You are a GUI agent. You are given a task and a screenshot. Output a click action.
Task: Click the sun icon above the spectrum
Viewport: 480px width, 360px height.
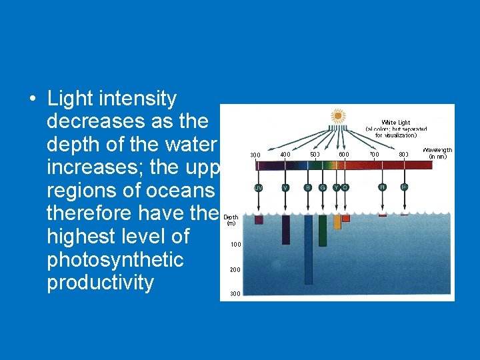[x=338, y=117]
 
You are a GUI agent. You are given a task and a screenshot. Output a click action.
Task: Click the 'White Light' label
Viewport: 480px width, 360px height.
[x=396, y=123]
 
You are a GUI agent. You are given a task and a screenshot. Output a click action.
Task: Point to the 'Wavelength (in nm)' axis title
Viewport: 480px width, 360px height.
[x=437, y=153]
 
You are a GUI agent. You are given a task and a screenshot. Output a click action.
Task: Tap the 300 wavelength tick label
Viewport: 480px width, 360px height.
[x=255, y=155]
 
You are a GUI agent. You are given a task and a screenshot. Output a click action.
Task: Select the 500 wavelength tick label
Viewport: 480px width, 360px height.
[x=315, y=154]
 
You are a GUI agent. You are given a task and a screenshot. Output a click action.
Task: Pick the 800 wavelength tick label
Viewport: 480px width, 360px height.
[x=403, y=154]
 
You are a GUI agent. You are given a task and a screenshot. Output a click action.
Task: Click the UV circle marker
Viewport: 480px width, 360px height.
[x=258, y=187]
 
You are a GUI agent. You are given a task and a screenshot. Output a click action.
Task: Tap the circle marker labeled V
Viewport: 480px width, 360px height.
[x=285, y=187]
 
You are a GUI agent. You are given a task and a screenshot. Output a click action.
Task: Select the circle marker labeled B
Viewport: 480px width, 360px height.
[x=307, y=187]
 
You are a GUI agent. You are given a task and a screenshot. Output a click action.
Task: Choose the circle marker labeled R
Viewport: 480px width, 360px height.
[x=382, y=187]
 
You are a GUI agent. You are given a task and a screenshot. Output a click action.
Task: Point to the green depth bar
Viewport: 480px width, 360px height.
[x=323, y=230]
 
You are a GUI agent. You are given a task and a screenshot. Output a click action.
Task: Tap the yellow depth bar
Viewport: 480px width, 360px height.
[x=337, y=222]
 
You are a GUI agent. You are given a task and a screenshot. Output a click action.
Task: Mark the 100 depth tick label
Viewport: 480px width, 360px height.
[x=236, y=245]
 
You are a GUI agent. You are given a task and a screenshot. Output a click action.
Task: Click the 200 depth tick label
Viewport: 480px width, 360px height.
[x=236, y=270]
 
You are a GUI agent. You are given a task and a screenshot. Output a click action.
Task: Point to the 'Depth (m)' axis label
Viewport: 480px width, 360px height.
[x=231, y=220]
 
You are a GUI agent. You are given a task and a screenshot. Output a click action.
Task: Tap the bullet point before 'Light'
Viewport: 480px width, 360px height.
[x=32, y=99]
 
